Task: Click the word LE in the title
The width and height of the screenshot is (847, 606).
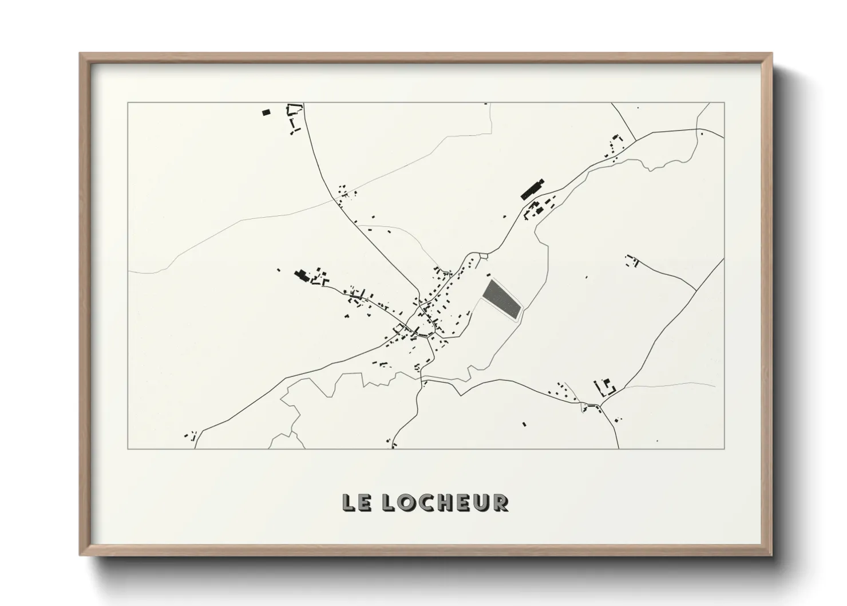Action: tap(357, 502)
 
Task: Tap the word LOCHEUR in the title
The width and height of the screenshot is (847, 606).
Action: tap(444, 502)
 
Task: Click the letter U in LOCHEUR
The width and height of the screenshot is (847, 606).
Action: tap(484, 502)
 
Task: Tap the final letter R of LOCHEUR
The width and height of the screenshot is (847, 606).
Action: tap(501, 502)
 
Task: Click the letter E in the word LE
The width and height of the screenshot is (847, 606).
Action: tap(365, 502)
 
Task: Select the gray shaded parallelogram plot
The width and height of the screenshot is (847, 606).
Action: tap(502, 299)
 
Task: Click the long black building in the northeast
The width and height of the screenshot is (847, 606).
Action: tap(532, 188)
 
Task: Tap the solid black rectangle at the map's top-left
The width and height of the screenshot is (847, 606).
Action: tap(266, 112)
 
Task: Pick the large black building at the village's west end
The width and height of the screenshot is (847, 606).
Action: tap(301, 276)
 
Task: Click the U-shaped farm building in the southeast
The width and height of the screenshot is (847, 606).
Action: tap(604, 388)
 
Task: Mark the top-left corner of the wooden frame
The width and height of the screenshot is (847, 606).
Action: tap(80, 54)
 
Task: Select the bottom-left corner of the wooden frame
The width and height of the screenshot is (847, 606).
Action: tap(80, 555)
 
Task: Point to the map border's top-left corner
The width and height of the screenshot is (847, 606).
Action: tap(128, 103)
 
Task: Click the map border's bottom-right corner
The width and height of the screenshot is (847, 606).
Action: tap(725, 448)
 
